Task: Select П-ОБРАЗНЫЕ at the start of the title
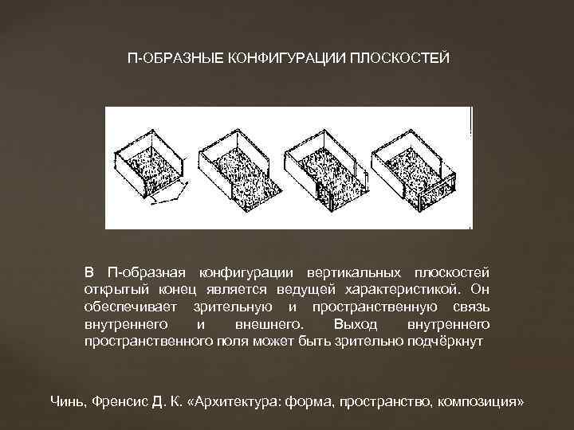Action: [x=166, y=60]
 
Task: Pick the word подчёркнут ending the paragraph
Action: [x=459, y=340]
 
